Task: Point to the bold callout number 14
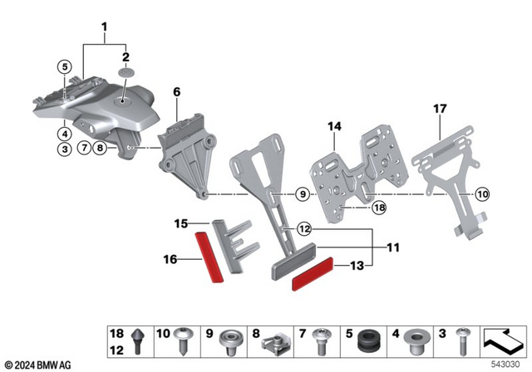coord(333,125)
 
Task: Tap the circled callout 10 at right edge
coord(507,194)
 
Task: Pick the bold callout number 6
coord(176,92)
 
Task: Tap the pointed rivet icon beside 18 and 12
coord(136,340)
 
